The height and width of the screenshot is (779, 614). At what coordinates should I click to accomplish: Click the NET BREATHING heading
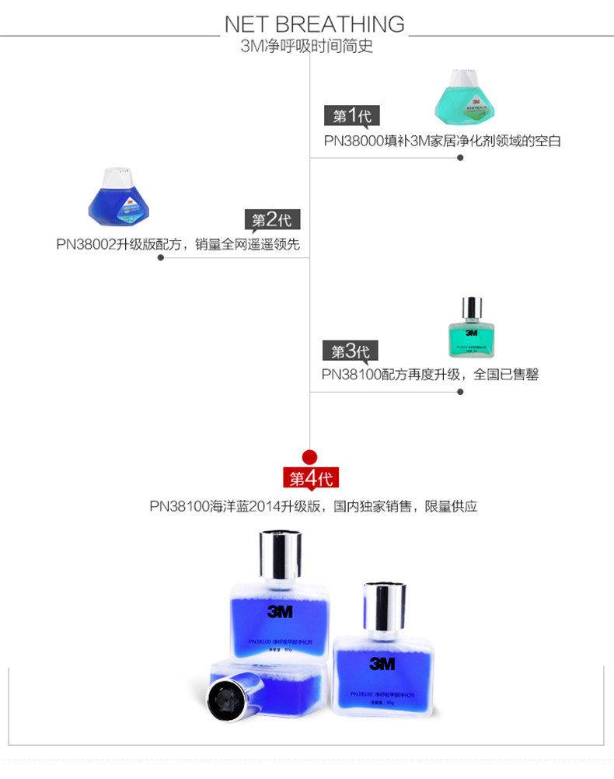[314, 23]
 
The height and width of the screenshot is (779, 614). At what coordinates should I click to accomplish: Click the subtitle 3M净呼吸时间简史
[307, 46]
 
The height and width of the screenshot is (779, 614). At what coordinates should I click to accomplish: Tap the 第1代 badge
[351, 116]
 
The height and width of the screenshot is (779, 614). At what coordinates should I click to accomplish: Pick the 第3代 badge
[350, 351]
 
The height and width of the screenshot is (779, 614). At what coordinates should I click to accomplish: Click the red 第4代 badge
[311, 477]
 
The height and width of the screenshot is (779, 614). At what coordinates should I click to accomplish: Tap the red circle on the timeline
[310, 456]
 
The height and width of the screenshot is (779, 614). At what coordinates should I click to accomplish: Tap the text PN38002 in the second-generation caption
[85, 244]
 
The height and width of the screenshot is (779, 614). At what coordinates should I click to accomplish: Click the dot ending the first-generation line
[460, 158]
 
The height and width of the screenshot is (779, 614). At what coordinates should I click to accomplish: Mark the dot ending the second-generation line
[161, 257]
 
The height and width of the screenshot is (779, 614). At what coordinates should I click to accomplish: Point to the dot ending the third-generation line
[460, 392]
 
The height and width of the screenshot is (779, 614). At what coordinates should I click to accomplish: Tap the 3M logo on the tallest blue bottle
[280, 612]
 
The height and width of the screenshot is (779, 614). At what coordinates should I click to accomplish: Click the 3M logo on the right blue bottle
[382, 663]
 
